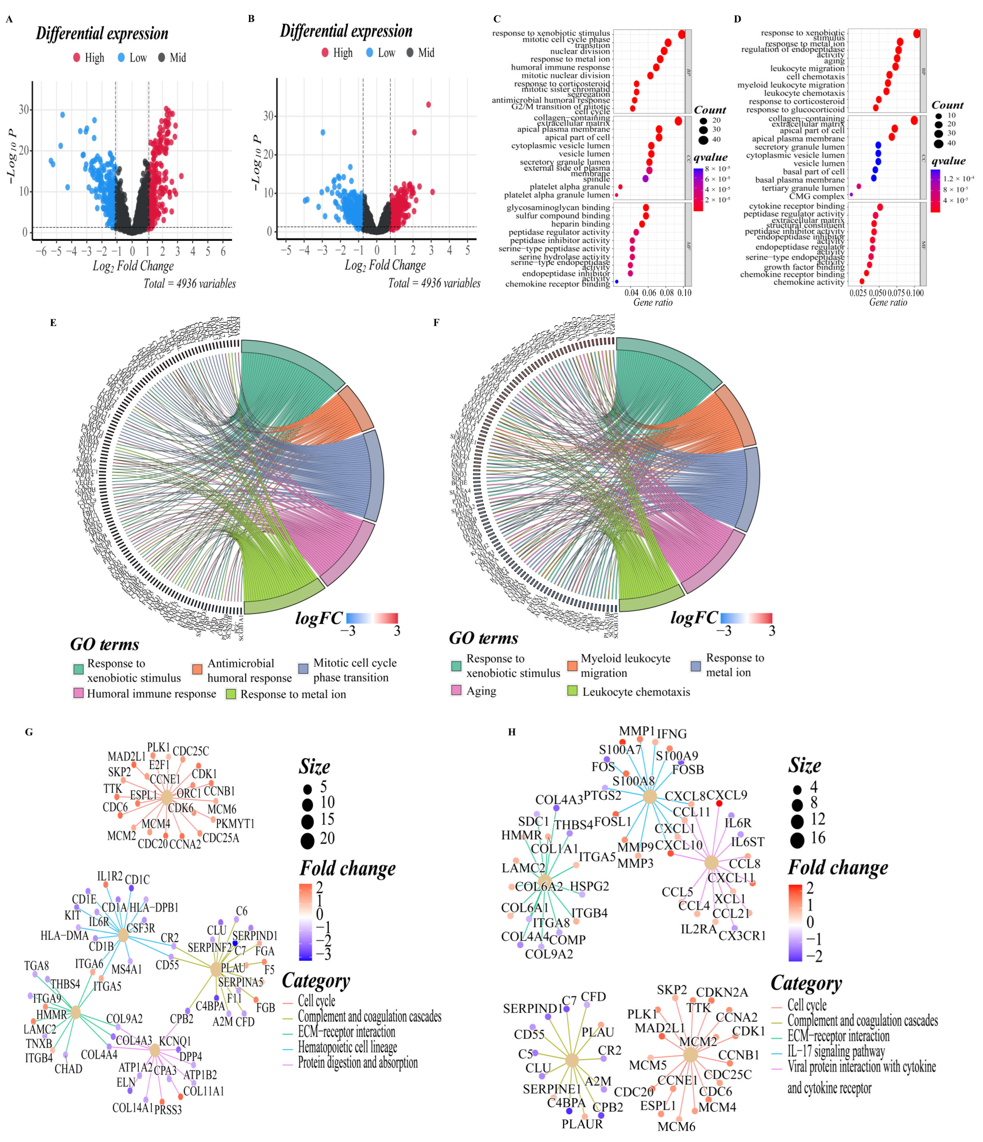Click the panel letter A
click(9, 20)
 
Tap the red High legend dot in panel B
click(325, 52)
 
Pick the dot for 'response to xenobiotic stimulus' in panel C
click(682, 34)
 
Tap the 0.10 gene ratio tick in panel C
click(684, 293)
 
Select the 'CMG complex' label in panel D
click(817, 196)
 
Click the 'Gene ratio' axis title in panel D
click(888, 302)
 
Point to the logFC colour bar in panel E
click(372, 618)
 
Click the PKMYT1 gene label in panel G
click(235, 824)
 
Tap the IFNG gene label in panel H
click(672, 734)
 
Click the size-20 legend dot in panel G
click(308, 840)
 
